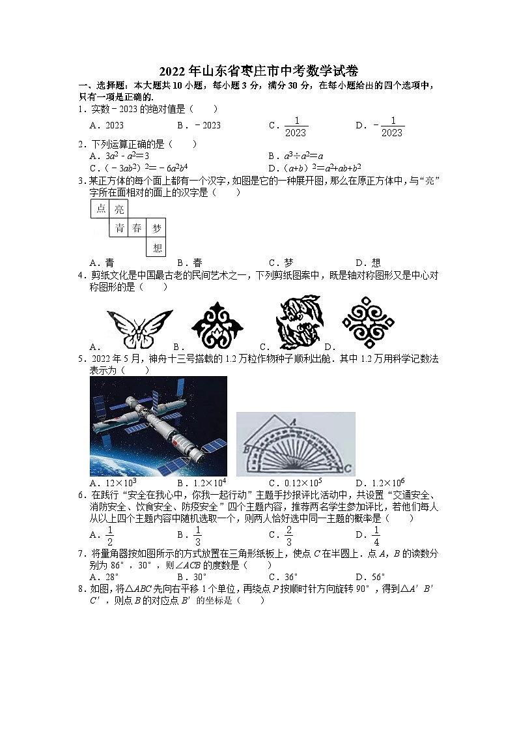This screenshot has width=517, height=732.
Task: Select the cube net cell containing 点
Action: click(100, 209)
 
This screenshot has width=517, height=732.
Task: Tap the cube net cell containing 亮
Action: click(119, 209)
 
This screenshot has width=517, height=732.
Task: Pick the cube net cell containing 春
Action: click(137, 227)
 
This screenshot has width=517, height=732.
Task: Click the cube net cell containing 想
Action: click(156, 247)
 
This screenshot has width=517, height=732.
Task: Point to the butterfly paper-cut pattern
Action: click(139, 328)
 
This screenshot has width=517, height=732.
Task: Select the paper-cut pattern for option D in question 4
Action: click(368, 323)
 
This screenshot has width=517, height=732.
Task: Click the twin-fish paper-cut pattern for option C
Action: click(298, 323)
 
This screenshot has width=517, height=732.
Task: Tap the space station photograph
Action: click(158, 426)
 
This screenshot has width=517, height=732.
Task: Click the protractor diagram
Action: click(296, 444)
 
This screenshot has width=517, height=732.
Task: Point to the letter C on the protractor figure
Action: click(348, 467)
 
